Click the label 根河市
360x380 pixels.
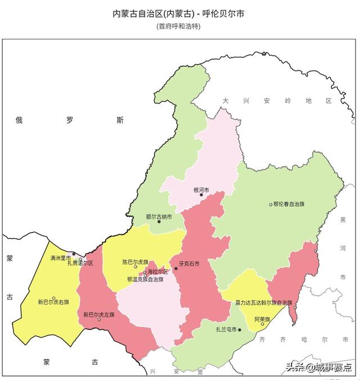(201, 190)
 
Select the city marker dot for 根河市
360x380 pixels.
(201, 196)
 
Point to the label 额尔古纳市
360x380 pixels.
(159, 216)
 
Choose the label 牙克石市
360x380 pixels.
(189, 264)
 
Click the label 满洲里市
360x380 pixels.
(60, 258)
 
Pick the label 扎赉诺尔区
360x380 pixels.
(80, 263)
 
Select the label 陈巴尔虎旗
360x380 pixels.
(136, 262)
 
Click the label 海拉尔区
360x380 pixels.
(158, 272)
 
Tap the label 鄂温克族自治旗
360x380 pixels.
(145, 279)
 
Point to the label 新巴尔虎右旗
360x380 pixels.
(53, 302)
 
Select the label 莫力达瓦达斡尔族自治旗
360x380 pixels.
(264, 302)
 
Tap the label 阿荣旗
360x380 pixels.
(262, 318)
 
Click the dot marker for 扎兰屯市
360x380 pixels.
(240, 330)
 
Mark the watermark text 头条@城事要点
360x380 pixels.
(318, 367)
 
